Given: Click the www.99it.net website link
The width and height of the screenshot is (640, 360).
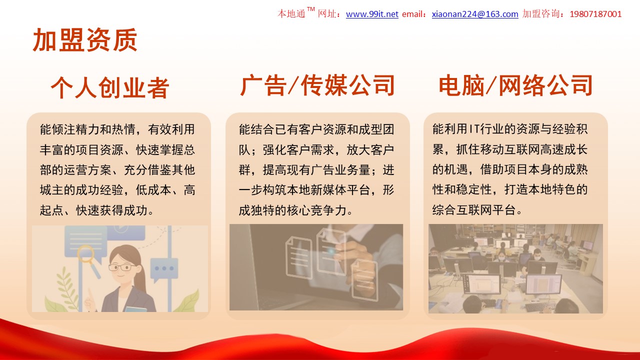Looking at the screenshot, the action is click(372, 14).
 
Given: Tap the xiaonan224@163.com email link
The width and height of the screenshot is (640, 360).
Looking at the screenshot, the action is click(475, 14).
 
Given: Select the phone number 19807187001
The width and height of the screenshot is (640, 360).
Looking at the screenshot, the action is click(595, 14).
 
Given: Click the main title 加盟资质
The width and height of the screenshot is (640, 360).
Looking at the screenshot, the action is click(85, 40).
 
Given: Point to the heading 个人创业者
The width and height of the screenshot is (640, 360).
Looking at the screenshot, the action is click(110, 87).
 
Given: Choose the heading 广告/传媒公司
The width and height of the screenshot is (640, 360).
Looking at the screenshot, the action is click(317, 85).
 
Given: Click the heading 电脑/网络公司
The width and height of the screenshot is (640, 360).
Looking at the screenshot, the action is click(515, 85).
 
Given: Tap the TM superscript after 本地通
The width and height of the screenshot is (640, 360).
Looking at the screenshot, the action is click(311, 9).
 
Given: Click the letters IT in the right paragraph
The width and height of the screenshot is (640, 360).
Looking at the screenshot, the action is click(474, 129).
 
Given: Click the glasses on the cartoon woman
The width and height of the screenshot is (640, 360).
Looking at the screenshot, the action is click(121, 267).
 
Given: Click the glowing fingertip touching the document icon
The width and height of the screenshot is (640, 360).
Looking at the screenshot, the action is click(331, 251).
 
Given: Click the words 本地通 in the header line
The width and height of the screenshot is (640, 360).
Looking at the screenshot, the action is click(291, 14).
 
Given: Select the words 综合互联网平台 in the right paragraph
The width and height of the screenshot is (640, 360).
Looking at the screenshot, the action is click(474, 210).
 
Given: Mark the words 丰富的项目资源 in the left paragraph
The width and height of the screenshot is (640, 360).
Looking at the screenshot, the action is click(81, 150).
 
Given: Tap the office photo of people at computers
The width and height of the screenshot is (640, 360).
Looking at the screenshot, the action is click(515, 268).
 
